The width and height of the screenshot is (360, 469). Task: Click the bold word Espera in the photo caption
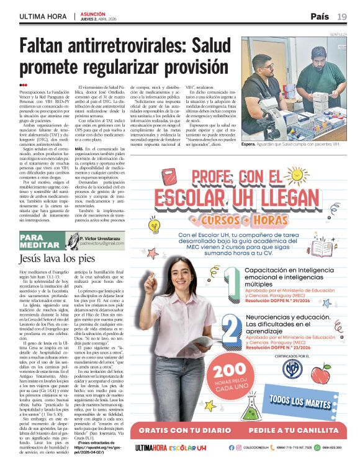click(x=249, y=144)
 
